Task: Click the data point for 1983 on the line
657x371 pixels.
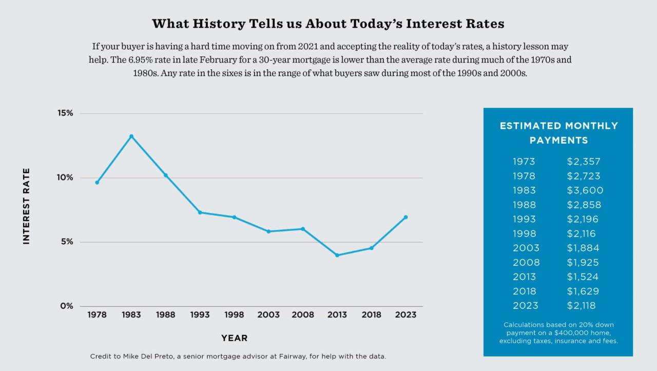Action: click(131, 136)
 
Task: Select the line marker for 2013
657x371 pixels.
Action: click(337, 255)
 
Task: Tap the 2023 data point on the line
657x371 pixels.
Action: click(405, 217)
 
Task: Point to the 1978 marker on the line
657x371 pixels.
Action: click(97, 182)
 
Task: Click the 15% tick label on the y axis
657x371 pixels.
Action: click(65, 113)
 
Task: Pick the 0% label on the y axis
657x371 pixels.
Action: click(67, 306)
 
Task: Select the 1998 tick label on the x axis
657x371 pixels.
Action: click(234, 315)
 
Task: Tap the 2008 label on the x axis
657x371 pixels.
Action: click(303, 315)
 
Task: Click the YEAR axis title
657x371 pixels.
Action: click(234, 338)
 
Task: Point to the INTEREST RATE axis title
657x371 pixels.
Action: click(27, 206)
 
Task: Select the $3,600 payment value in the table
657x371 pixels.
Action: click(585, 190)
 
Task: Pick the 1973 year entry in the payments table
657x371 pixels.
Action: click(524, 162)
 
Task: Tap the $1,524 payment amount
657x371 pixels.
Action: click(583, 277)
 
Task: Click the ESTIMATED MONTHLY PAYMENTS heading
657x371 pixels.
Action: click(558, 133)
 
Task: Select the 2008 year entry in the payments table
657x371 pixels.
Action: click(526, 262)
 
